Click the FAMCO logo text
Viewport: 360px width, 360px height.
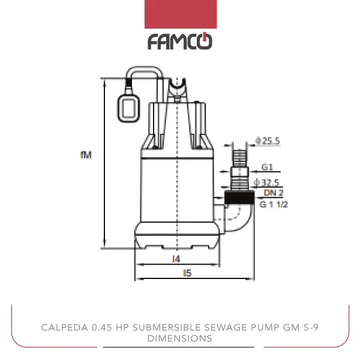point(180,42)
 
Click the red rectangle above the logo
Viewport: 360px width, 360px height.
point(180,14)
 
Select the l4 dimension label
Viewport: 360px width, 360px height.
point(176,259)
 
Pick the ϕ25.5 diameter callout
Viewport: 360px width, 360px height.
point(268,141)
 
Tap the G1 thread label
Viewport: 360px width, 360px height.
point(268,167)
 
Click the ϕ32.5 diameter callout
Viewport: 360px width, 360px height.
point(267,182)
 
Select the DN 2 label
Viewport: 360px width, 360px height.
point(273,193)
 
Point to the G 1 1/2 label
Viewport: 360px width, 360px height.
point(274,205)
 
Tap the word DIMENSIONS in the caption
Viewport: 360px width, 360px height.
point(180,338)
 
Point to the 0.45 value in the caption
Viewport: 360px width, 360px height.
point(97,328)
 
